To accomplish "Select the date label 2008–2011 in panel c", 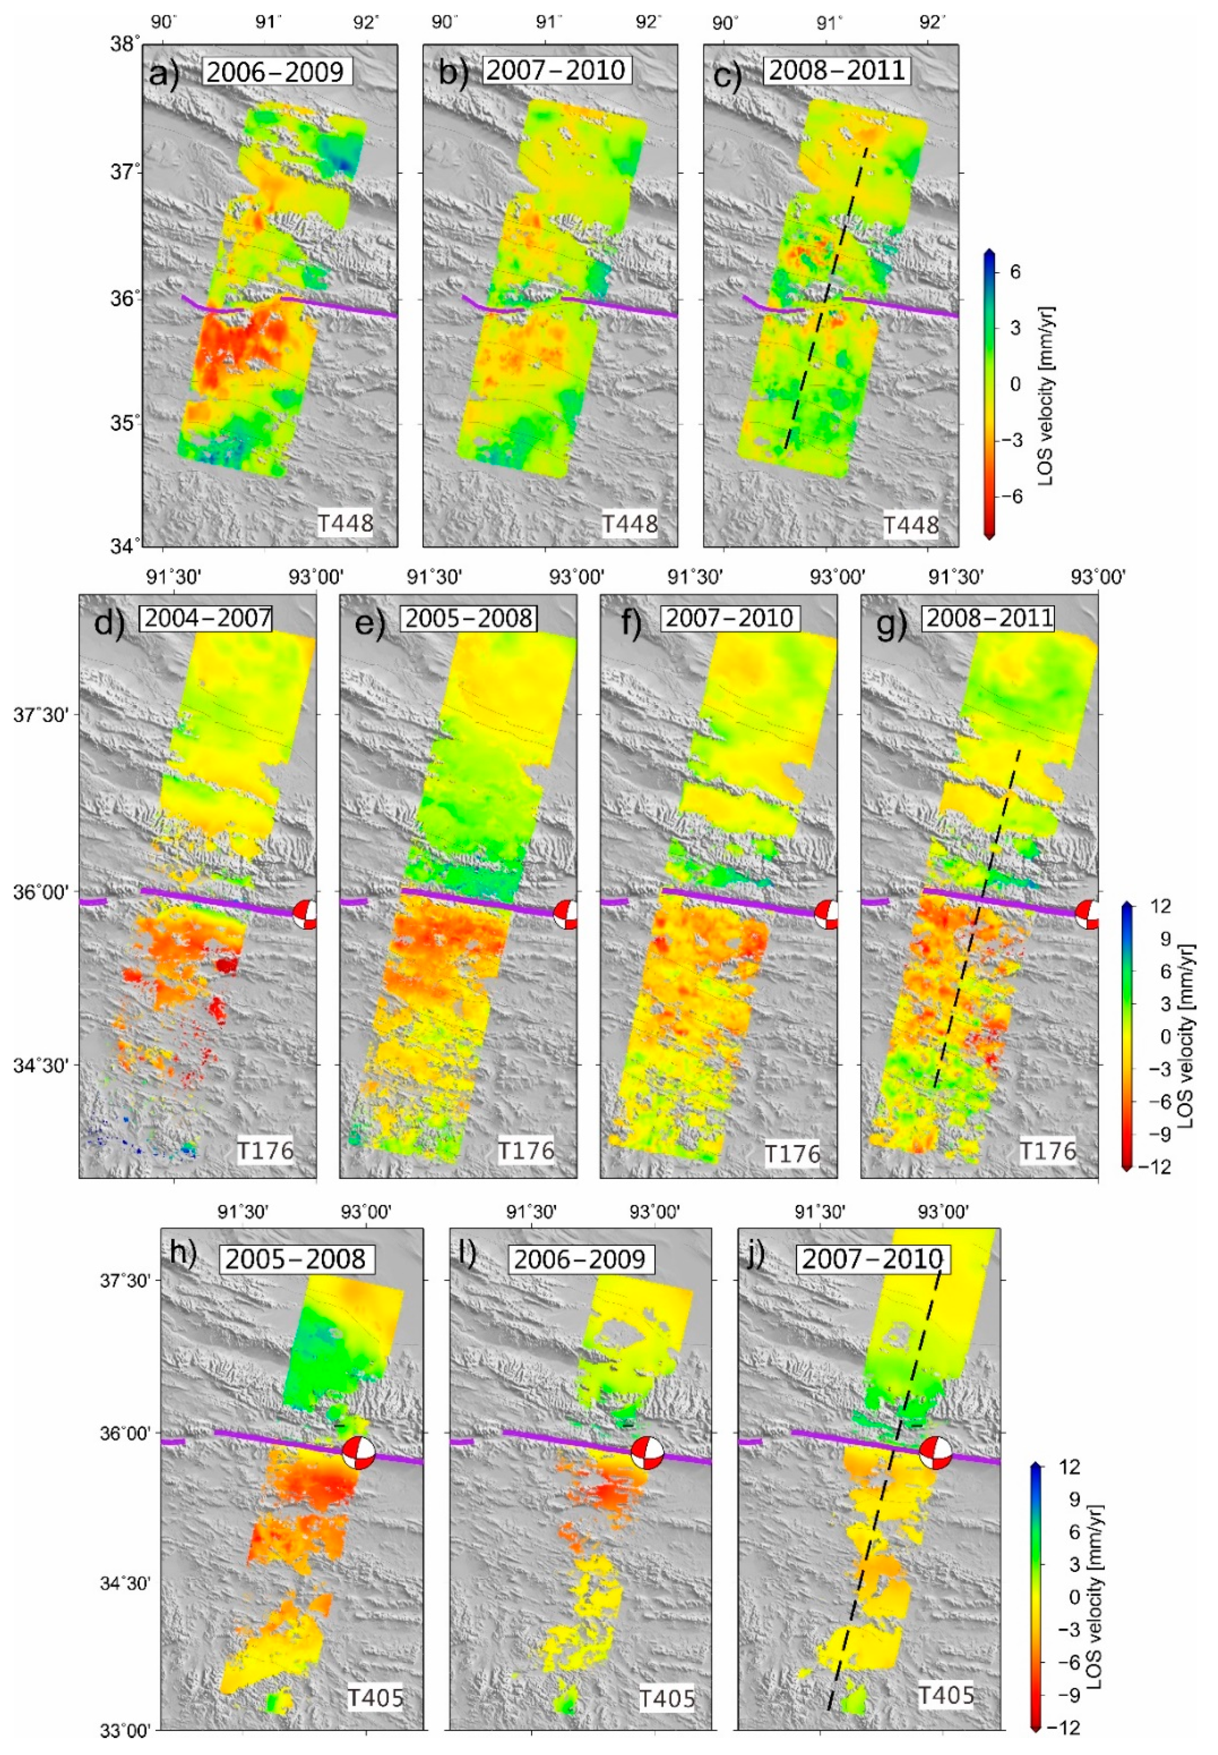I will [837, 70].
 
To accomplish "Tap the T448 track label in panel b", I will [630, 524].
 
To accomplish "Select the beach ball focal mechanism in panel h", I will [359, 1453].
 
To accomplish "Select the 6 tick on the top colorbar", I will [1015, 272].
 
